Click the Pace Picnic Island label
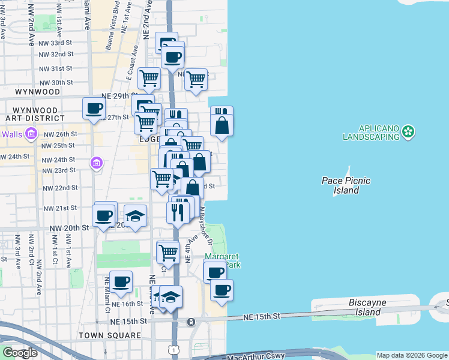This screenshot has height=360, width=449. (x=346, y=185)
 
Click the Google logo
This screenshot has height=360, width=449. (x=20, y=353)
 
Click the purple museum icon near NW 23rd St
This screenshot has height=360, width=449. (x=96, y=163)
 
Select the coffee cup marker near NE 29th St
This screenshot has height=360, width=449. (x=94, y=109)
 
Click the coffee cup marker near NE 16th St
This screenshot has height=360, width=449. (x=121, y=281)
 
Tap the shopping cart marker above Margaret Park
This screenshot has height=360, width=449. (x=168, y=252)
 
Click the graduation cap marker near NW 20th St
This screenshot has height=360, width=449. (x=136, y=216)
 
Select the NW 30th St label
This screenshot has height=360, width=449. (x=57, y=82)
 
